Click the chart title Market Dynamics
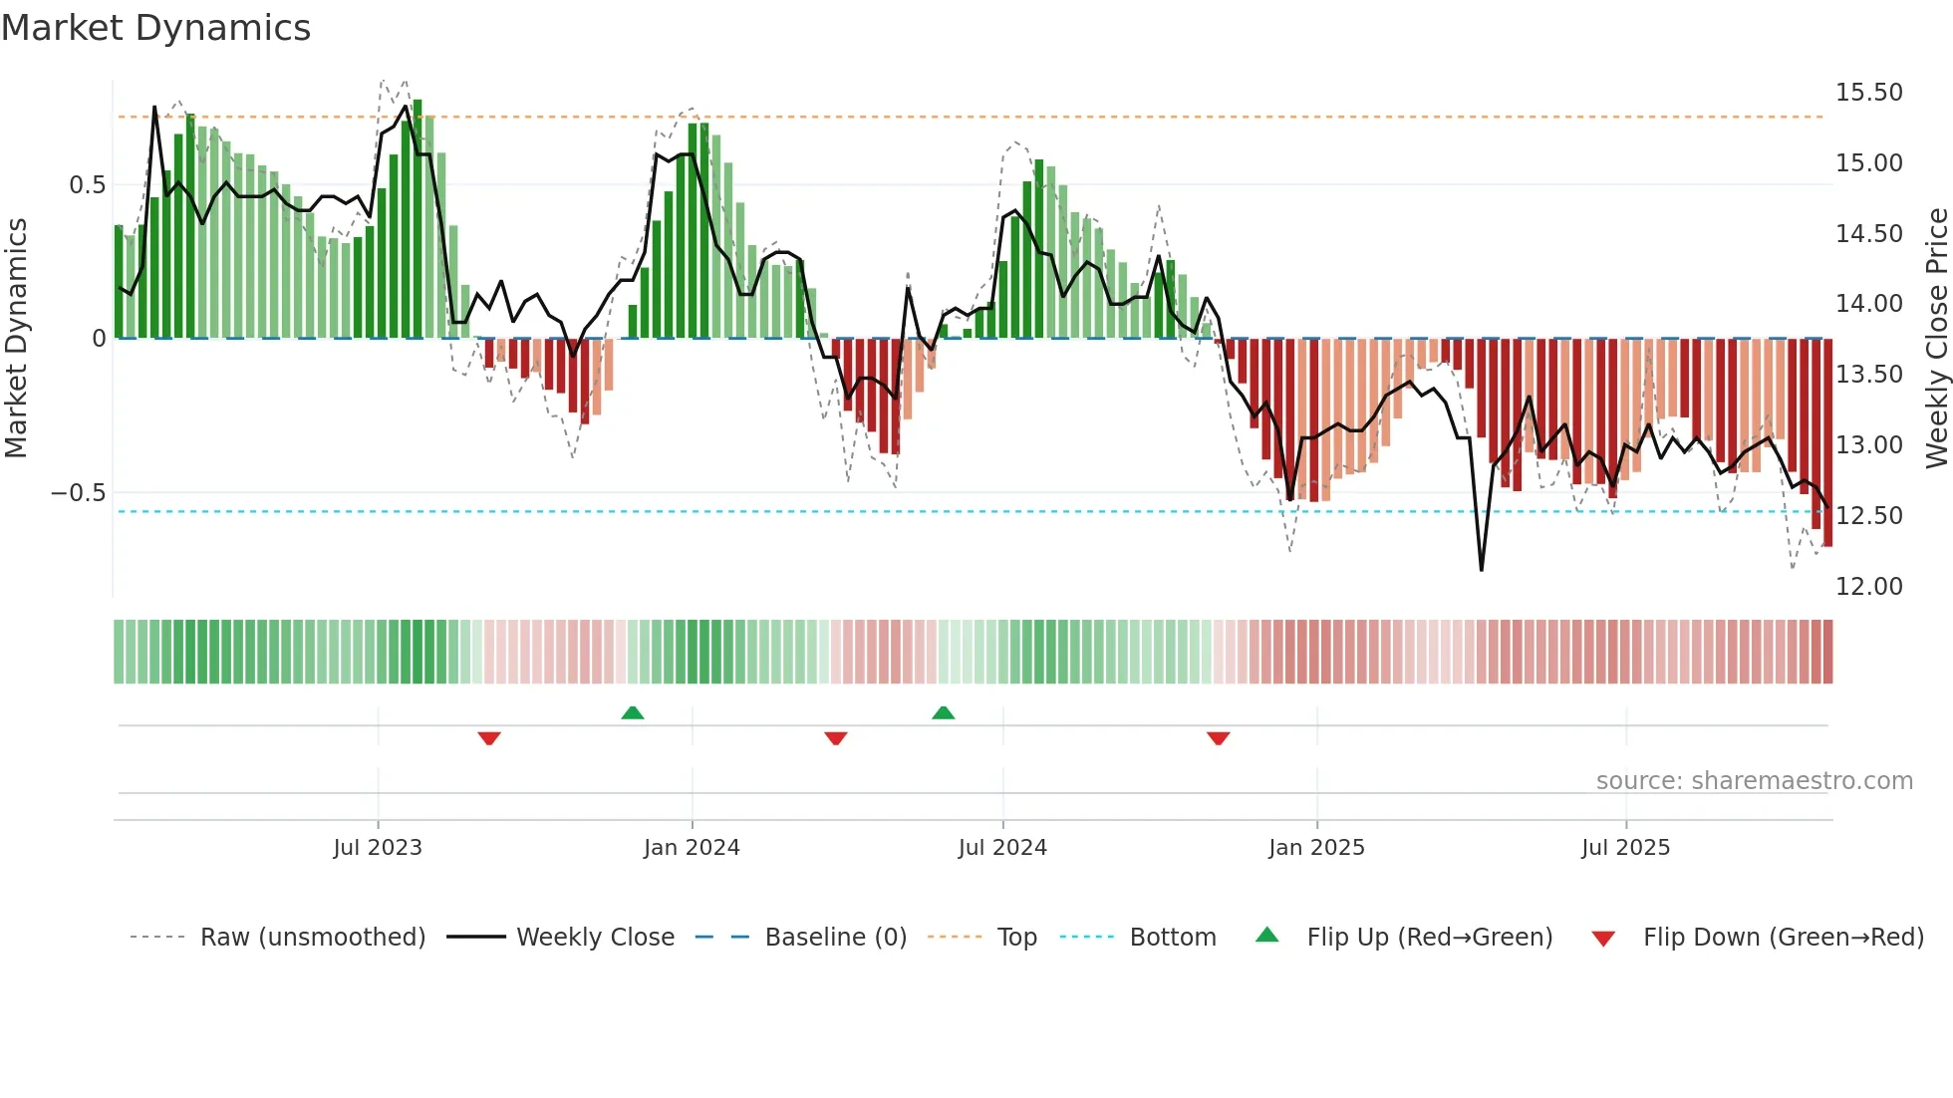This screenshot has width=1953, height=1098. tap(155, 28)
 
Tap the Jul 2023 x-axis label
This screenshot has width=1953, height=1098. tap(378, 848)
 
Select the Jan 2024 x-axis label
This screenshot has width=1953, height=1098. tap(692, 848)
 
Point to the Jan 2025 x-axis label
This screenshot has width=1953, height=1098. tap(1316, 848)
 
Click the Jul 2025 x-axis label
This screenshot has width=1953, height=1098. tap(1625, 848)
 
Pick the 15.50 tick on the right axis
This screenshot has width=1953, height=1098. tap(1868, 93)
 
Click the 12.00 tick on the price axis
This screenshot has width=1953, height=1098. tap(1868, 587)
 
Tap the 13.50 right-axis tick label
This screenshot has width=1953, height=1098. tap(1868, 375)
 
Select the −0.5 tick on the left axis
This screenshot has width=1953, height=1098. tap(78, 493)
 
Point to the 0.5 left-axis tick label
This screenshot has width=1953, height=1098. tap(87, 185)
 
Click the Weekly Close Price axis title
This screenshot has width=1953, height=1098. tap(1936, 339)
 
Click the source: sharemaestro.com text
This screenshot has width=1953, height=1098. tap(1754, 781)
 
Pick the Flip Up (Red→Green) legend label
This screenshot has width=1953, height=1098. tap(1429, 938)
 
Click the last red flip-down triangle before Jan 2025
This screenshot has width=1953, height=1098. tap(1218, 738)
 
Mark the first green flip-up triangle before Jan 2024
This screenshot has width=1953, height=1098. tap(633, 712)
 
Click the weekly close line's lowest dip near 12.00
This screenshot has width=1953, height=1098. tap(1482, 570)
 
